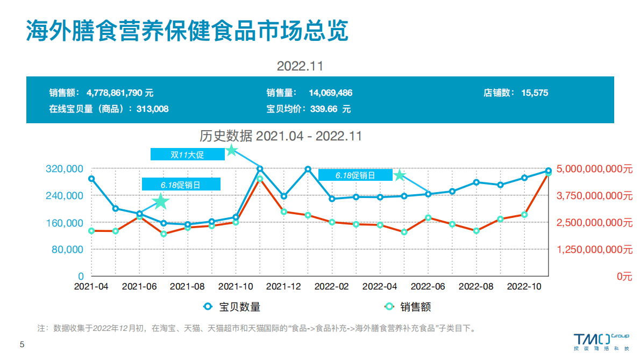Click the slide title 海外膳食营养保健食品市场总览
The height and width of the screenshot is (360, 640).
(x=187, y=31)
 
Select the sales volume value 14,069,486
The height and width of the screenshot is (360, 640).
(x=330, y=93)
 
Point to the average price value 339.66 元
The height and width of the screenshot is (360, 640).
(x=328, y=109)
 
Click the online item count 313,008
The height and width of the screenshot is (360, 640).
(x=152, y=109)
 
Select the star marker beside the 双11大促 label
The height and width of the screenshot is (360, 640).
(x=231, y=150)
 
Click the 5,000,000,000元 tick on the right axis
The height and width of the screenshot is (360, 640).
(x=594, y=169)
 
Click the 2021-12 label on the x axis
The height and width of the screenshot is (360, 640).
(x=283, y=287)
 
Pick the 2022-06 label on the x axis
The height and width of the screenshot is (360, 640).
(x=428, y=287)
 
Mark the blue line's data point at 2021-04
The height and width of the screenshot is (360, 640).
(x=91, y=179)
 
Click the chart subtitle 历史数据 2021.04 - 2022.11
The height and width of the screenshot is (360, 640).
(x=281, y=136)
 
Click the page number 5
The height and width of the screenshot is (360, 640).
(x=22, y=344)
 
